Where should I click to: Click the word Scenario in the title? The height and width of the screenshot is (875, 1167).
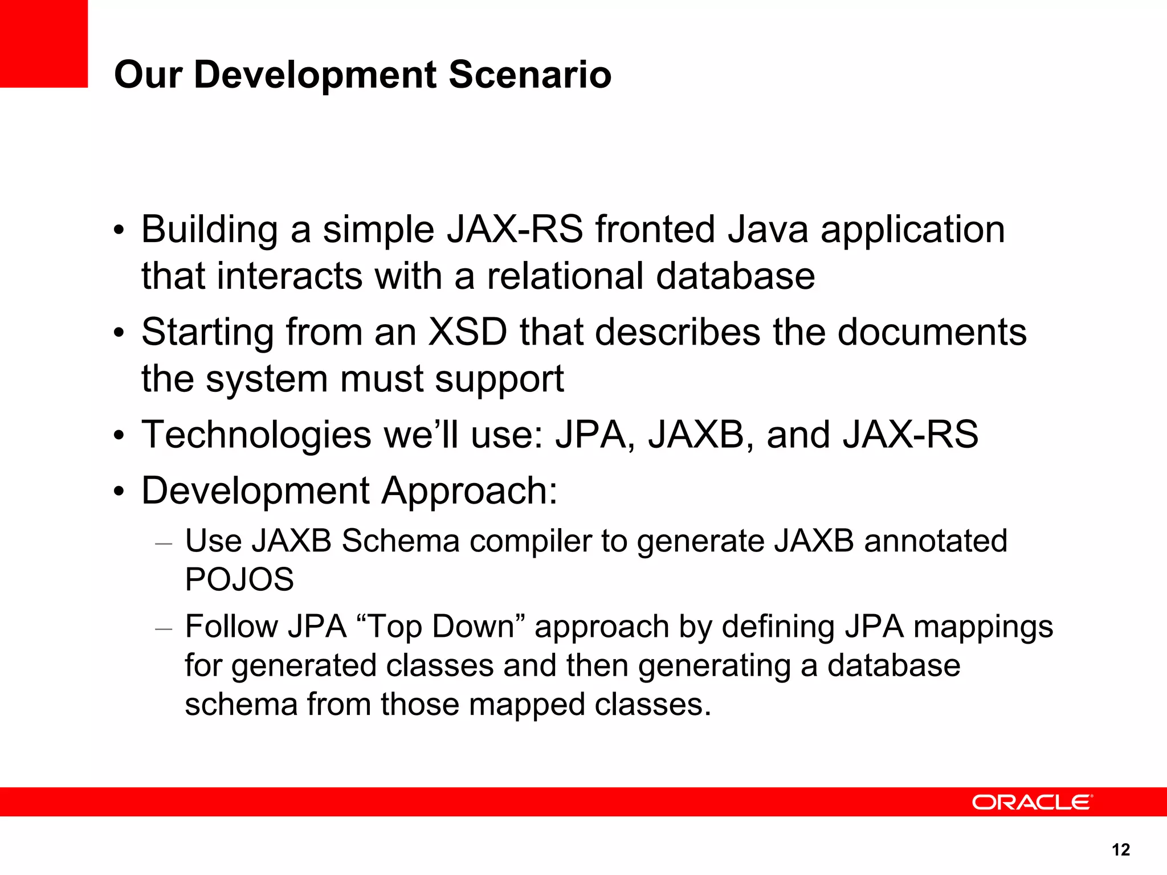530,75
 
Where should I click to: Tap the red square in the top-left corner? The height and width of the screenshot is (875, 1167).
44,43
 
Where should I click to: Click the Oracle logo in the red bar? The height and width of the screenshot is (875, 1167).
1032,802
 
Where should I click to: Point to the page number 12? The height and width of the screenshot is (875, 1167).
1120,850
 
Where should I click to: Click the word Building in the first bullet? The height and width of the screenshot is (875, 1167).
209,230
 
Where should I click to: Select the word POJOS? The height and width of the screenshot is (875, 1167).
239,579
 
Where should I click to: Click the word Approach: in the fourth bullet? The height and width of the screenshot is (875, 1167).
469,491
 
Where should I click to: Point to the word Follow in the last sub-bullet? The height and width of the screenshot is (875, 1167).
231,627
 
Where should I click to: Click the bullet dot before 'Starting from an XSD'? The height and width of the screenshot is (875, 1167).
118,333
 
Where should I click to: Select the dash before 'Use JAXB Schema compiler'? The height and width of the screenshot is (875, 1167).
164,544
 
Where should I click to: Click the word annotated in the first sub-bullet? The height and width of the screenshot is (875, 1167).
935,541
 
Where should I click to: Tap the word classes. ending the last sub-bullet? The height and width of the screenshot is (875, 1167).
653,705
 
